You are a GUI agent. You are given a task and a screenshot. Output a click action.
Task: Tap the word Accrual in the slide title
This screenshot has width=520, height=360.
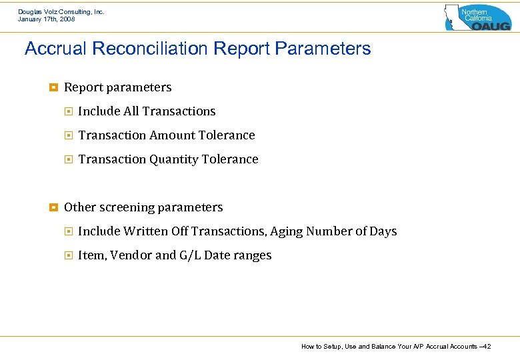[x=52, y=49]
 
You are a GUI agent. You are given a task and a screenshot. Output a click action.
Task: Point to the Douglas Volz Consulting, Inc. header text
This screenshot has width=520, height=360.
[x=61, y=11]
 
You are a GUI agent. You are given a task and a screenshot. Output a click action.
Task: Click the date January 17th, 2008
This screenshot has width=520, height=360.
[x=47, y=19]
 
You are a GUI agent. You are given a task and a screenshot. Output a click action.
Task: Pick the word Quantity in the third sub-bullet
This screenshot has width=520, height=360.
[x=177, y=159]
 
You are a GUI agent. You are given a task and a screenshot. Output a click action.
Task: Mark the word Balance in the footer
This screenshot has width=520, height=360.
[x=377, y=346]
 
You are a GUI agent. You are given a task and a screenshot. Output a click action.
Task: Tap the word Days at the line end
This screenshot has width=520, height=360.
[x=383, y=231]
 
